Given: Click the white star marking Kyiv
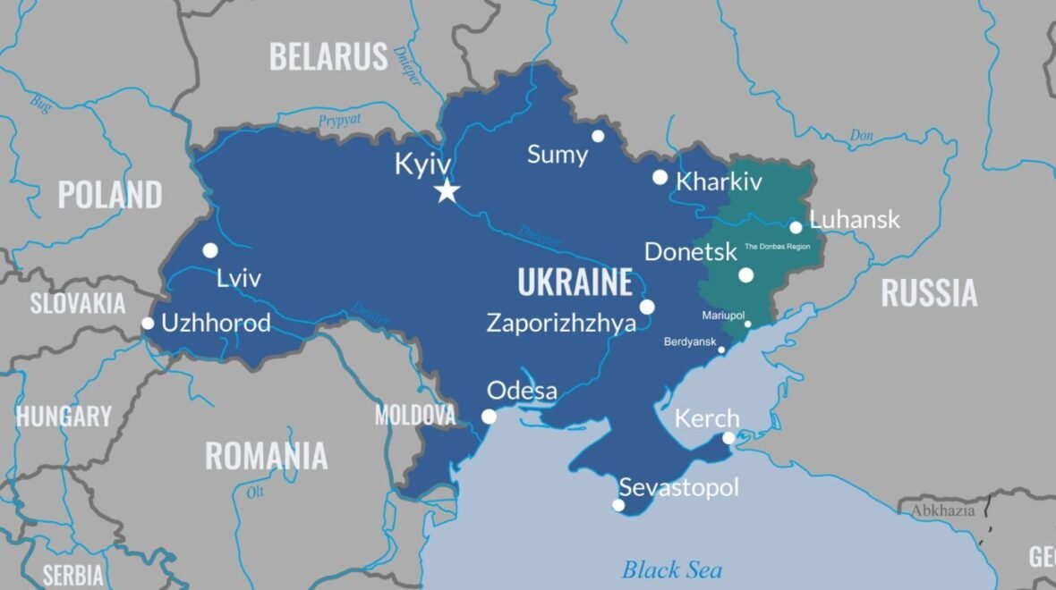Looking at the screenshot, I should click(x=447, y=190).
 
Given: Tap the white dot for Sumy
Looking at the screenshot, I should click(x=598, y=136).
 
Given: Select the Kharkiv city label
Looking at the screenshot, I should click(x=720, y=181).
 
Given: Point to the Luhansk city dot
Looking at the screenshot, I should click(x=796, y=227).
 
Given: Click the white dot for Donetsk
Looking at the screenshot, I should click(x=745, y=275).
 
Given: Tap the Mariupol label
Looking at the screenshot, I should click(x=723, y=316).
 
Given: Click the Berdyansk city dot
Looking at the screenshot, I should click(x=721, y=350).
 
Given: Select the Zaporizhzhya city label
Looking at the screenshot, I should click(x=561, y=323).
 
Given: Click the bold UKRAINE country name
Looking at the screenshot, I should click(x=575, y=283).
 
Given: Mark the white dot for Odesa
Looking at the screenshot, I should click(x=489, y=417).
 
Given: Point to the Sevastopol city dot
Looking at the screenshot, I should click(x=617, y=505).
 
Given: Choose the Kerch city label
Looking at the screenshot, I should click(x=707, y=418).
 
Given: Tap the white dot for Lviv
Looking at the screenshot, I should click(x=210, y=250).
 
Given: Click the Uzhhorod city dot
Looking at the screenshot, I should click(x=148, y=323).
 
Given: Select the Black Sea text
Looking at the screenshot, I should click(x=672, y=569).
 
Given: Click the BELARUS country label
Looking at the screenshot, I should click(x=328, y=57).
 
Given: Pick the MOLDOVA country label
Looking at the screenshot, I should click(x=415, y=415).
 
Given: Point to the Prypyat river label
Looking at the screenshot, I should click(x=340, y=121).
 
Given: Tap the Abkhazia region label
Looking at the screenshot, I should click(x=942, y=510).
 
